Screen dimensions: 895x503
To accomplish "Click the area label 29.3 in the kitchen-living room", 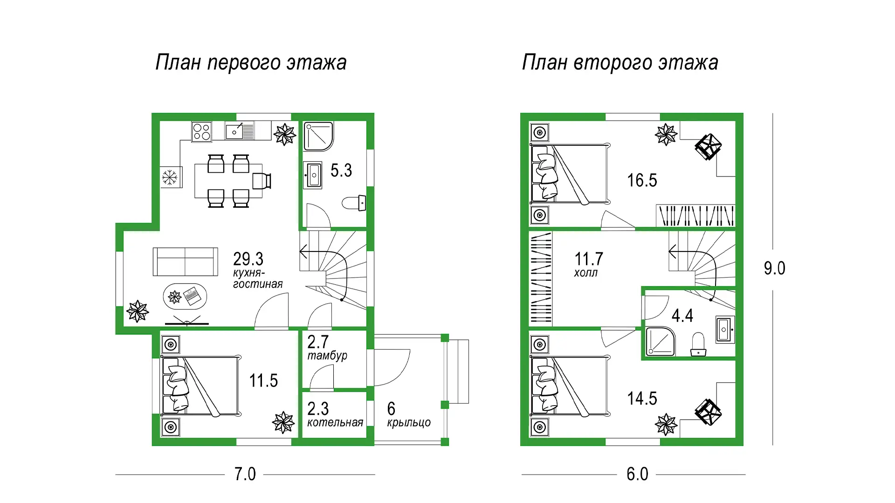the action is [x=248, y=258].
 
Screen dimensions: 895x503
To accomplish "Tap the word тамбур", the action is [x=327, y=356].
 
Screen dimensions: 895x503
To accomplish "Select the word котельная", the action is [x=335, y=422].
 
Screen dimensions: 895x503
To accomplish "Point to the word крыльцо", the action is [x=409, y=423].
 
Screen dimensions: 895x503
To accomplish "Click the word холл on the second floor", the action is [x=585, y=273].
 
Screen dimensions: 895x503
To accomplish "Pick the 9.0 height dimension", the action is [x=774, y=268].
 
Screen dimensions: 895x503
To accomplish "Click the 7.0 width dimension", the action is [x=245, y=474].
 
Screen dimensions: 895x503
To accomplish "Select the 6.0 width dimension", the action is [x=637, y=474].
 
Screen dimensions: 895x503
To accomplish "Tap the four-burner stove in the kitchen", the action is [x=201, y=131].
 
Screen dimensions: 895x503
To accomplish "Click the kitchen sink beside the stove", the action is [x=240, y=131].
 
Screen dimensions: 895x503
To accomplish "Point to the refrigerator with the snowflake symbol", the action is [x=170, y=177].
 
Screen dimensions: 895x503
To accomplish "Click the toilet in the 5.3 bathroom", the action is [x=354, y=203].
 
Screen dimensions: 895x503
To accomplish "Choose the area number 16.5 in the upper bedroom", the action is [x=642, y=180].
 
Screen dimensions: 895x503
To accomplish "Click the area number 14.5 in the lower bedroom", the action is [x=642, y=399].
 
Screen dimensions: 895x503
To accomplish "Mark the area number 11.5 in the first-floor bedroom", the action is [x=263, y=381].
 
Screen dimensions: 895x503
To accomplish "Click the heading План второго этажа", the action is [x=620, y=62].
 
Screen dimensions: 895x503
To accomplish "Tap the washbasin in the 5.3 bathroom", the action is [x=313, y=175].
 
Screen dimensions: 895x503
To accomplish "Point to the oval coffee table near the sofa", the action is [x=185, y=296].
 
